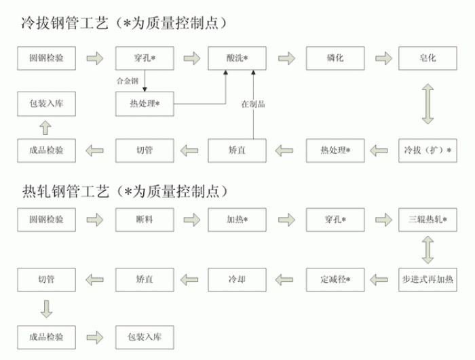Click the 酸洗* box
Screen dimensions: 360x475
click(237, 58)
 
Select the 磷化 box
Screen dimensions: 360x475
click(335, 58)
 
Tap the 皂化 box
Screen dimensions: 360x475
click(427, 58)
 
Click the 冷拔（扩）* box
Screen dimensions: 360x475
click(427, 149)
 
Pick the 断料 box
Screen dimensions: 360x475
click(145, 220)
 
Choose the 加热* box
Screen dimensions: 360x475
click(237, 220)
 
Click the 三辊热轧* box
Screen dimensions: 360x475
click(427, 220)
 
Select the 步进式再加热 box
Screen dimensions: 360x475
click(427, 278)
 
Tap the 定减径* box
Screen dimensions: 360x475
click(335, 278)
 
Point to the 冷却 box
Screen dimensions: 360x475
click(237, 278)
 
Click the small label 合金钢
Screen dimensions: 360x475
click(128, 81)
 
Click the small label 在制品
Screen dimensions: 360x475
click(252, 104)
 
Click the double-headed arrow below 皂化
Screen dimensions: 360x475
click(427, 104)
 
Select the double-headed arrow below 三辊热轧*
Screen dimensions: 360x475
click(427, 249)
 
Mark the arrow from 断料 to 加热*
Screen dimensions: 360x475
click(193, 220)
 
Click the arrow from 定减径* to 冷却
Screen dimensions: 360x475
click(286, 278)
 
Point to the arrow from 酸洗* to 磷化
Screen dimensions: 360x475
click(286, 58)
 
